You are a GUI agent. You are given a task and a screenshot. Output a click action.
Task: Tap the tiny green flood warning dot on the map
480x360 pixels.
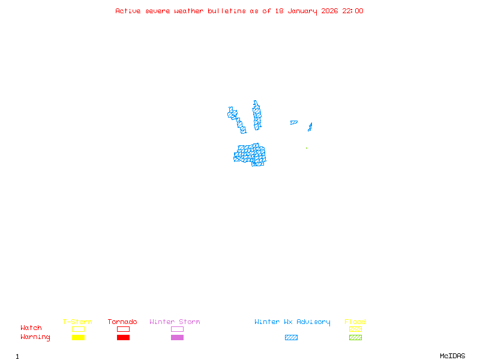click(307, 148)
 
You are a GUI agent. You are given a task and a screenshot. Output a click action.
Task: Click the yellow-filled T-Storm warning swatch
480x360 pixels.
click(78, 337)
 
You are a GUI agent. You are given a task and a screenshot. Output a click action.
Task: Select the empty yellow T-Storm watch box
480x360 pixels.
click(78, 329)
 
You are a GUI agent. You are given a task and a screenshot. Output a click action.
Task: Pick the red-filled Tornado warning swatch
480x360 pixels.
click(123, 337)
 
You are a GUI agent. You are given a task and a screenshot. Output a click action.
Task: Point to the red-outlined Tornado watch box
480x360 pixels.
click(123, 329)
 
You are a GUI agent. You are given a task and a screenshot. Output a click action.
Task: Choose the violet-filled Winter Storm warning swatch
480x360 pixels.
click(177, 337)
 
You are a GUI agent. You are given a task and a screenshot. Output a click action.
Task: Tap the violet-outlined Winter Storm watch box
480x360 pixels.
click(177, 329)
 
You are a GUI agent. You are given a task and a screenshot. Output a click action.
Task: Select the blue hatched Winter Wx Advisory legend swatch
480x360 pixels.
click(291, 337)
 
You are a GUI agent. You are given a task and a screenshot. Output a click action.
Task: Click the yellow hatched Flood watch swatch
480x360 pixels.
click(355, 329)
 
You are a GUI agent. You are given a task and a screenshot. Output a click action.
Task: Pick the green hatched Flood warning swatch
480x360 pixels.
click(355, 337)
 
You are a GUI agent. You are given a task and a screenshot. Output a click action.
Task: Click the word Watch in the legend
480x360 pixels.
click(31, 328)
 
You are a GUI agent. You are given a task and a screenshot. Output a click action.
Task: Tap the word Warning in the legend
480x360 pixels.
click(35, 337)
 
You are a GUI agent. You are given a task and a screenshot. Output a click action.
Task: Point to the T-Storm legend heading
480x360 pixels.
click(77, 322)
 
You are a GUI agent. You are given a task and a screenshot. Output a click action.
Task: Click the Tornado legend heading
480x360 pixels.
click(122, 322)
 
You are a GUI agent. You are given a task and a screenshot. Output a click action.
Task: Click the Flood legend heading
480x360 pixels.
click(355, 322)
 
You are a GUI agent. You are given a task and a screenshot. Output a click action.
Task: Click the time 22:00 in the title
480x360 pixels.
click(353, 11)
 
